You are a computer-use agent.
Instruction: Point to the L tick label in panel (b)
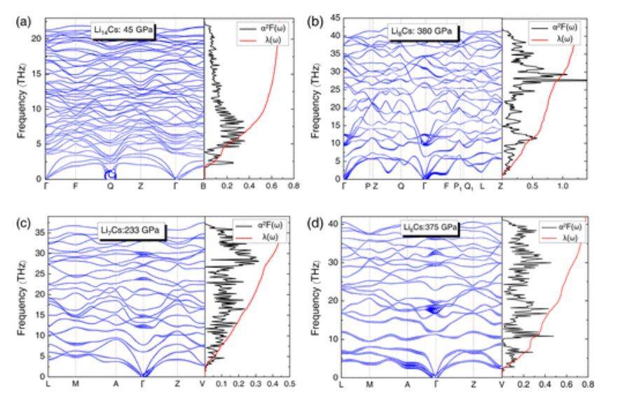pyautogui.click(x=482, y=188)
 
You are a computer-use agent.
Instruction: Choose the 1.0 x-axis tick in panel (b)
pyautogui.click(x=562, y=188)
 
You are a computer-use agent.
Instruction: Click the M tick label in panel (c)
pyautogui.click(x=75, y=384)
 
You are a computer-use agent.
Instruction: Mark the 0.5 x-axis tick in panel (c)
pyautogui.click(x=289, y=384)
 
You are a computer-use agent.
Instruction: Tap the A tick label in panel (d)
pyautogui.click(x=407, y=384)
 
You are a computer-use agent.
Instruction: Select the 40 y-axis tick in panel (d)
pyautogui.click(x=334, y=224)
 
